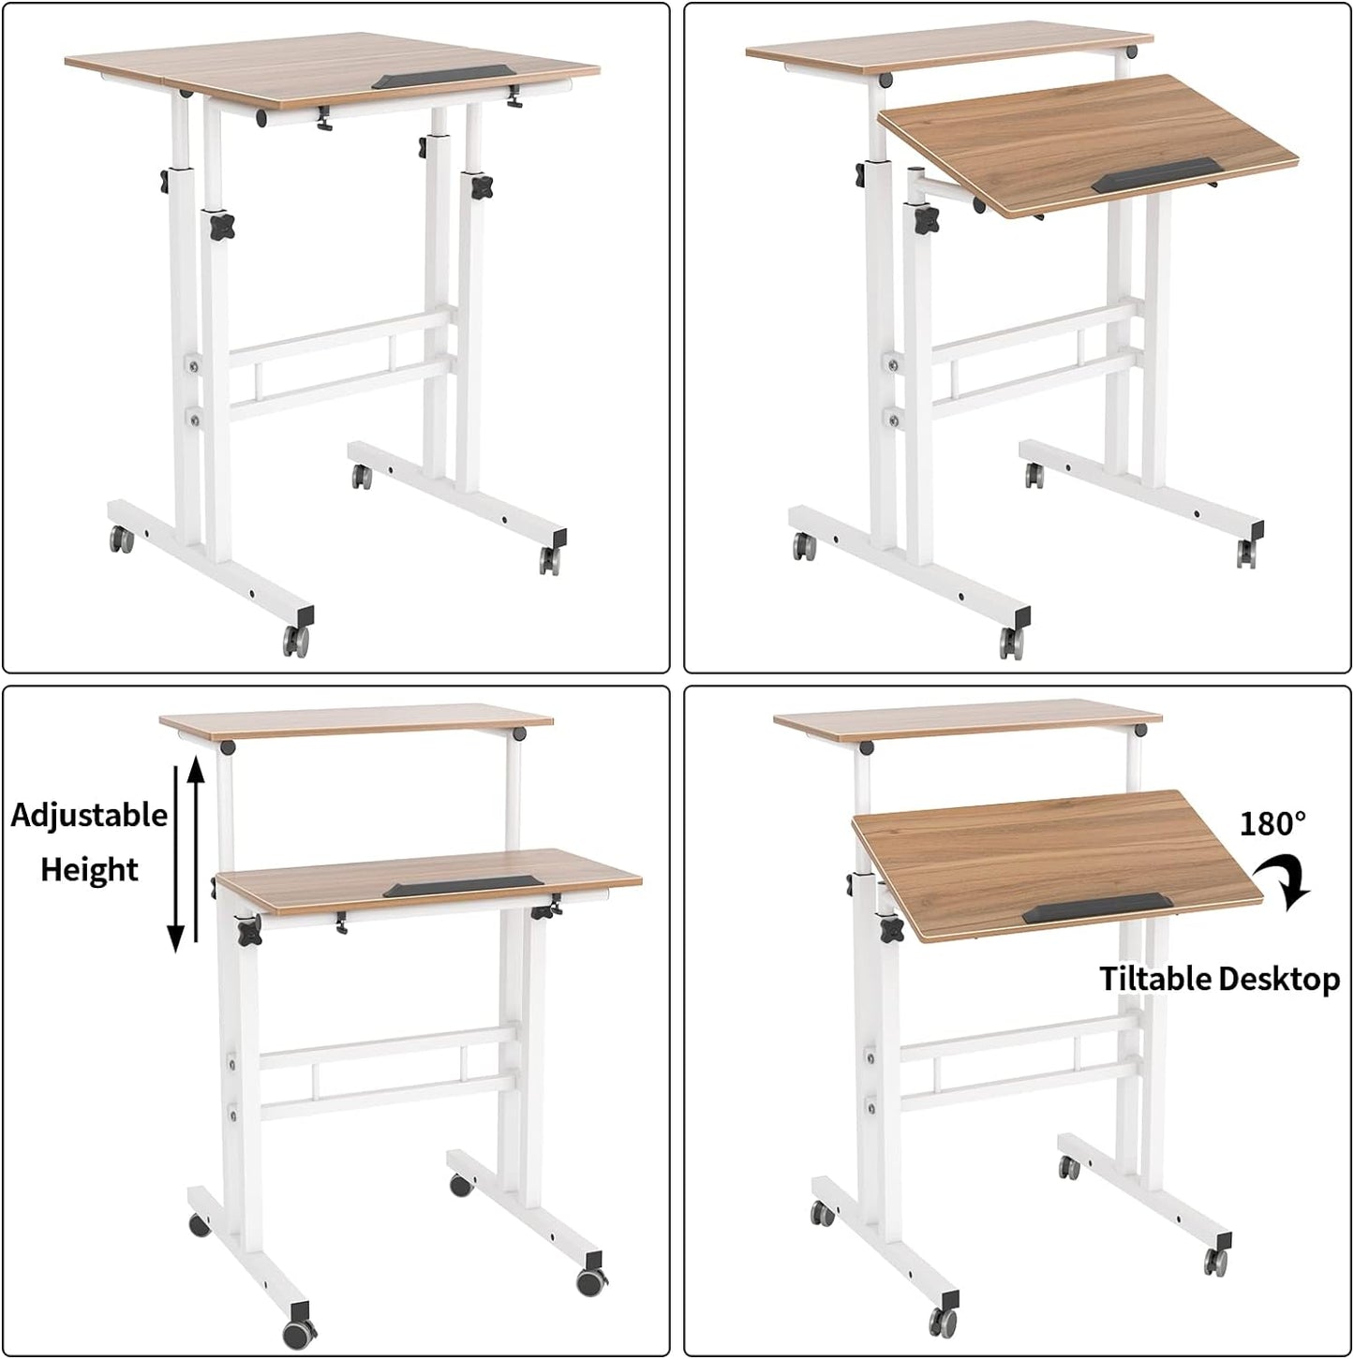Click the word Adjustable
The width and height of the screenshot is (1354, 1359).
point(89,815)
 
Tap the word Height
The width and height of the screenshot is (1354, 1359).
point(89,869)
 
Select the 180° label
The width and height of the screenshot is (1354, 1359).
point(1272,823)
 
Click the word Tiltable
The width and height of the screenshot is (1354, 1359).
point(1155,979)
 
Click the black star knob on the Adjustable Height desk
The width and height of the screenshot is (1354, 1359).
point(248,931)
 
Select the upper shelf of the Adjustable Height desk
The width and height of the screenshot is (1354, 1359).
point(354,720)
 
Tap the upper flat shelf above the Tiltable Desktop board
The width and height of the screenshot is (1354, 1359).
point(968,724)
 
